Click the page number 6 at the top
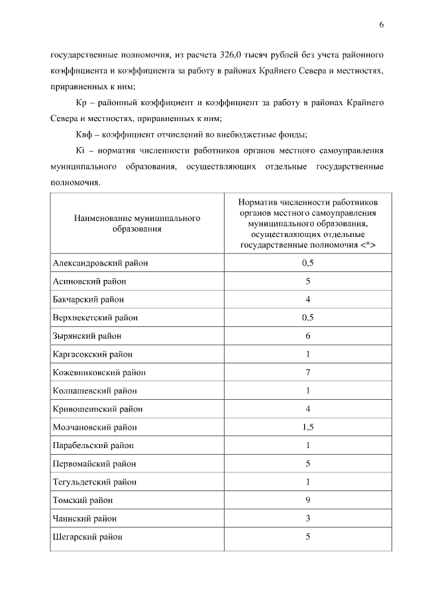(382, 24)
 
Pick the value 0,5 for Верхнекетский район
(307, 318)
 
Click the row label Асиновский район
(89, 281)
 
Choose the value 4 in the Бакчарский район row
(308, 299)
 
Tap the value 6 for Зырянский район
(308, 336)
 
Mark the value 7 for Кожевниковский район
(308, 372)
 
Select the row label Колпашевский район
(95, 391)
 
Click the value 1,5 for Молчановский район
(307, 427)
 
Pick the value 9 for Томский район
(308, 500)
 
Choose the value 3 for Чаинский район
(308, 518)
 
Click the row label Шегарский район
(87, 537)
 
